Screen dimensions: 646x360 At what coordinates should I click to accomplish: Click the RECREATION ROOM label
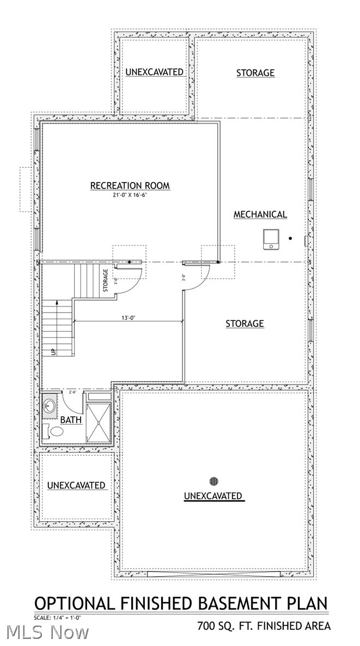[x=130, y=186]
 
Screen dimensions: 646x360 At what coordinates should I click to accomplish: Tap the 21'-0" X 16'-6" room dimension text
[x=130, y=196]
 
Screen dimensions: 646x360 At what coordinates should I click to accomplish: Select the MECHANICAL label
[x=260, y=215]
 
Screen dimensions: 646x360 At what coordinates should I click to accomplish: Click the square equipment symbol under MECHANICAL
[x=270, y=239]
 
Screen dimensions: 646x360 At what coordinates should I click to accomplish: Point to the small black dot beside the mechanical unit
[x=290, y=238]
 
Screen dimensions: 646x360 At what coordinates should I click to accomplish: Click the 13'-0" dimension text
[x=129, y=317]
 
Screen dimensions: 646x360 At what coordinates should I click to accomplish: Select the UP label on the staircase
[x=53, y=351]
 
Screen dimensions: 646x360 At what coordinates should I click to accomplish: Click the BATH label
[x=71, y=420]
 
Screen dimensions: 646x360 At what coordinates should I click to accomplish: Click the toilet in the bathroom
[x=53, y=432]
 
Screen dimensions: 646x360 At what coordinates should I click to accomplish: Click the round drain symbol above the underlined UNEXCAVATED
[x=213, y=481]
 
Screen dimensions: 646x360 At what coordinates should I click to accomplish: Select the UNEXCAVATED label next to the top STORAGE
[x=155, y=72]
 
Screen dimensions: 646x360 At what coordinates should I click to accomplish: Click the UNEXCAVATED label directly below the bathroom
[x=76, y=485]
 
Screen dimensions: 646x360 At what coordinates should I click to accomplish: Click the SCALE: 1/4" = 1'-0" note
[x=58, y=618]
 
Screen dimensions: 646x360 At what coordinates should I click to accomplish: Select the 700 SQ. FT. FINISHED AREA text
[x=264, y=626]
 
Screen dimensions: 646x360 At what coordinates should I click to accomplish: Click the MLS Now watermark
[x=48, y=632]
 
